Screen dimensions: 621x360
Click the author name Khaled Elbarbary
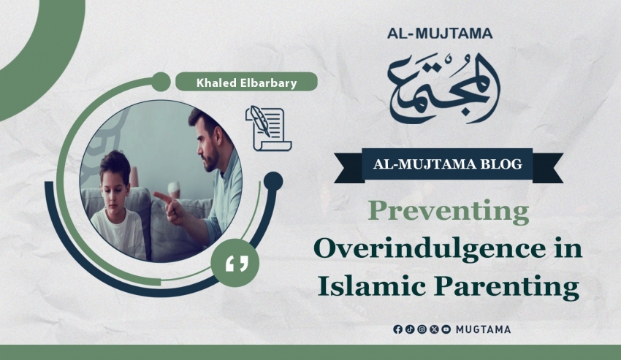point(246,83)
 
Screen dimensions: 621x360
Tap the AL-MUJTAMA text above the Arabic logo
point(440,34)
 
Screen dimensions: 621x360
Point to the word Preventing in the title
point(449,212)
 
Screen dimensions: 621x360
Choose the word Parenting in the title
point(506,287)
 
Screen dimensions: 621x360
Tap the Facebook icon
point(397,329)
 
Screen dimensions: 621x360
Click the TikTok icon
point(410,329)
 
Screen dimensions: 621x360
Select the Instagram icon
point(422,329)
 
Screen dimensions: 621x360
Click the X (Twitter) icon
point(434,329)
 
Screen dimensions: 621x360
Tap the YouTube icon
point(446,329)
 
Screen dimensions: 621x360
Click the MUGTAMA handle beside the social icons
point(483,329)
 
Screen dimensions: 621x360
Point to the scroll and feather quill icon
point(269,129)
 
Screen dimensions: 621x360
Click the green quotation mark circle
point(235,263)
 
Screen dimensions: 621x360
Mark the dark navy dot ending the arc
point(273,181)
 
